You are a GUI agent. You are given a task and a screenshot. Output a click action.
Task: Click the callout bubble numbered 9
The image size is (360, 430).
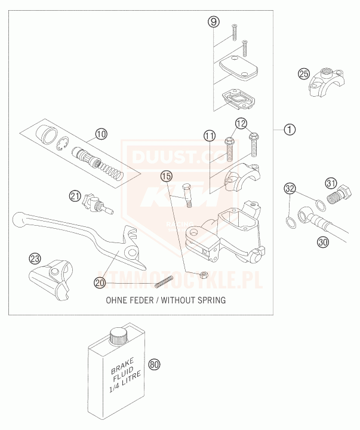pyautogui.click(x=214, y=22)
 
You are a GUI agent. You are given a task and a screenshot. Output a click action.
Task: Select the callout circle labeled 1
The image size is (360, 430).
pyautogui.click(x=289, y=129)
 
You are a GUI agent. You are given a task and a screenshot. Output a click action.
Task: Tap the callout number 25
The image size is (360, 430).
pyautogui.click(x=304, y=74)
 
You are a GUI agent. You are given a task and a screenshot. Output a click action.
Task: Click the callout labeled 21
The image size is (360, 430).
pyautogui.click(x=75, y=195)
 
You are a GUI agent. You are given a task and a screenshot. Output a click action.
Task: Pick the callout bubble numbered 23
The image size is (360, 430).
pyautogui.click(x=36, y=259)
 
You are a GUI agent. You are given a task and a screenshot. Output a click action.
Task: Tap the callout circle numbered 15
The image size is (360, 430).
pyautogui.click(x=167, y=176)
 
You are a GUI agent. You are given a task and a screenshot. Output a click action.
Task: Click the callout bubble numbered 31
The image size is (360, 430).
pyautogui.click(x=331, y=183)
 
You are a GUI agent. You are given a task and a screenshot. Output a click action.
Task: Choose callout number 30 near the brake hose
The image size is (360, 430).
pyautogui.click(x=323, y=242)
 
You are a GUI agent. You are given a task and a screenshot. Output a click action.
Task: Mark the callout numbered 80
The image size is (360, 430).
pyautogui.click(x=155, y=364)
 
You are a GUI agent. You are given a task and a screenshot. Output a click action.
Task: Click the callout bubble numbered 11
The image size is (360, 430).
pyautogui.click(x=210, y=136)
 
